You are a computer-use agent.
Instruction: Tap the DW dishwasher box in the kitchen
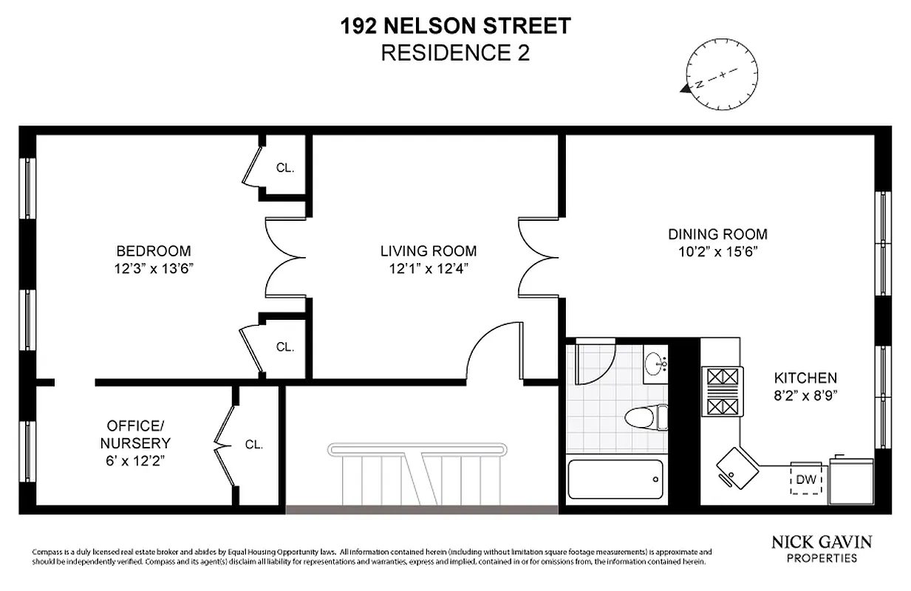(x=807, y=479)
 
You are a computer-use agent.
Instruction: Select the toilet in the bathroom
(x=645, y=417)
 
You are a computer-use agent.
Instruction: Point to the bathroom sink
(x=655, y=363)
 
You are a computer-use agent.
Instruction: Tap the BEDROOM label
(x=154, y=251)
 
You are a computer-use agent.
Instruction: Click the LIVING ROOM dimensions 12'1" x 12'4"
(x=429, y=268)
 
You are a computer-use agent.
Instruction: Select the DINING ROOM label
(x=717, y=235)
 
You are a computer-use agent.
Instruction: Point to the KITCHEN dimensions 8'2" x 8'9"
(x=805, y=394)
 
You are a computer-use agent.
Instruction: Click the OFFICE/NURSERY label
(x=139, y=435)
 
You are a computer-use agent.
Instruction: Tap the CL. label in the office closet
(x=254, y=445)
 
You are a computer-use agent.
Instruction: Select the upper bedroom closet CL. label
(x=285, y=168)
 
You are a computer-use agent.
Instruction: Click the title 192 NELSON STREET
(x=455, y=27)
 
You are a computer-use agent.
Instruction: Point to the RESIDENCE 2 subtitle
(x=455, y=53)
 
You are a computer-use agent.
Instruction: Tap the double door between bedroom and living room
(x=286, y=258)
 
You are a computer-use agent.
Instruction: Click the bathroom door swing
(x=594, y=360)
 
